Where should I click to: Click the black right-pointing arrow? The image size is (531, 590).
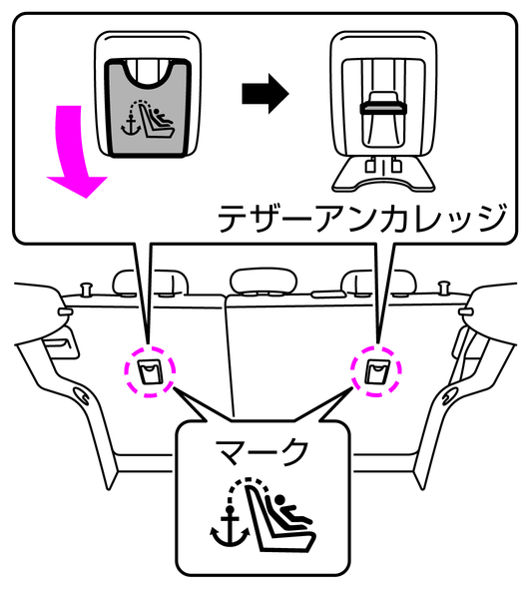click(265, 94)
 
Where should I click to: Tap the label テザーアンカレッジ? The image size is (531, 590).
click(361, 219)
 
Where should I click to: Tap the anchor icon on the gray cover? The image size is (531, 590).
click(131, 126)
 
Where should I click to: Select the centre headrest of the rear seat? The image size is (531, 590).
click(264, 281)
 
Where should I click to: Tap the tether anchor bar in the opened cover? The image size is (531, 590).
click(383, 109)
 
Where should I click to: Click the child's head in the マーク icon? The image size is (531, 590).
click(279, 500)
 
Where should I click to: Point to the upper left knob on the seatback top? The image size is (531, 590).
click(87, 289)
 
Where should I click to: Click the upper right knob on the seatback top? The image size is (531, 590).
click(444, 288)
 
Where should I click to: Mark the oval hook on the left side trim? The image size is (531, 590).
click(81, 395)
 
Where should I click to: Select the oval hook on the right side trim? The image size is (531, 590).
click(448, 396)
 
